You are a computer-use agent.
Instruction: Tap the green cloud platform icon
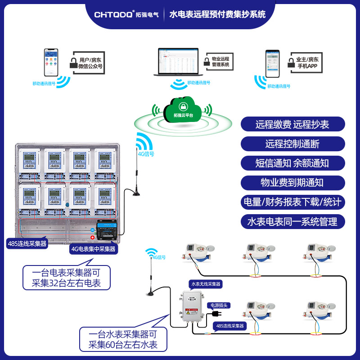tap(183, 108)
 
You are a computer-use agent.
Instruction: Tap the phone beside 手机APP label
tap(272, 63)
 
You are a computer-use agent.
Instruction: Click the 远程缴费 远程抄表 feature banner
tap(292, 124)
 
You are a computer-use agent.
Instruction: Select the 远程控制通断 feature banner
tap(292, 144)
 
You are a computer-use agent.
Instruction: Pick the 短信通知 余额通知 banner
tap(292, 163)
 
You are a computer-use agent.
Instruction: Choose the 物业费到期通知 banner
tap(292, 182)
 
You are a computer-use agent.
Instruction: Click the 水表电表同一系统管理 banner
tap(292, 221)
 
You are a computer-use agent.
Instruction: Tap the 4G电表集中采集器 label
tap(93, 248)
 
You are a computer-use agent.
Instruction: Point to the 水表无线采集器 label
tap(206, 284)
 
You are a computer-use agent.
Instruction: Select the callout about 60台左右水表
tap(123, 340)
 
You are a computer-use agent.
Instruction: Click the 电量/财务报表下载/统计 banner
tap(292, 202)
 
